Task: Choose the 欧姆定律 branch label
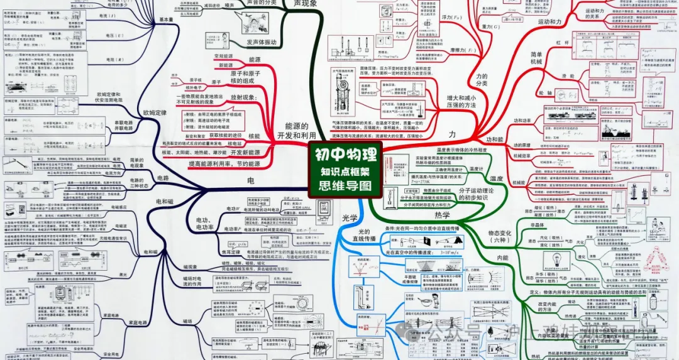[x=155, y=113]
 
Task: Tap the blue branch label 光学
[x=350, y=218]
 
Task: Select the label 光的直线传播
[x=364, y=239]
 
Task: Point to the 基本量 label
[x=166, y=19]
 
